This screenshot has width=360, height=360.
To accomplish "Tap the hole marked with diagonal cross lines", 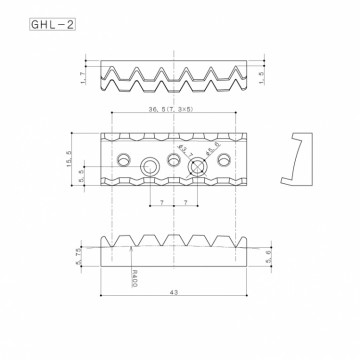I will click(x=198, y=167).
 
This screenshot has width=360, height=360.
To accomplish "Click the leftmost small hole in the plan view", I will click(x=123, y=158).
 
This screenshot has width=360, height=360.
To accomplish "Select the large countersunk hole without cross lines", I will click(x=151, y=167).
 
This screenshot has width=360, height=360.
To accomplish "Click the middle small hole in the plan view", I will click(x=174, y=158).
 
